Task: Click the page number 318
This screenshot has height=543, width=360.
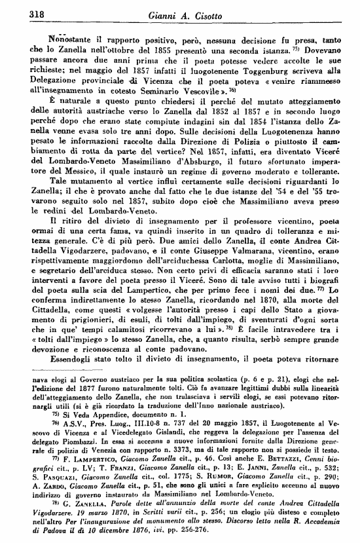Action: pos(24,13)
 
